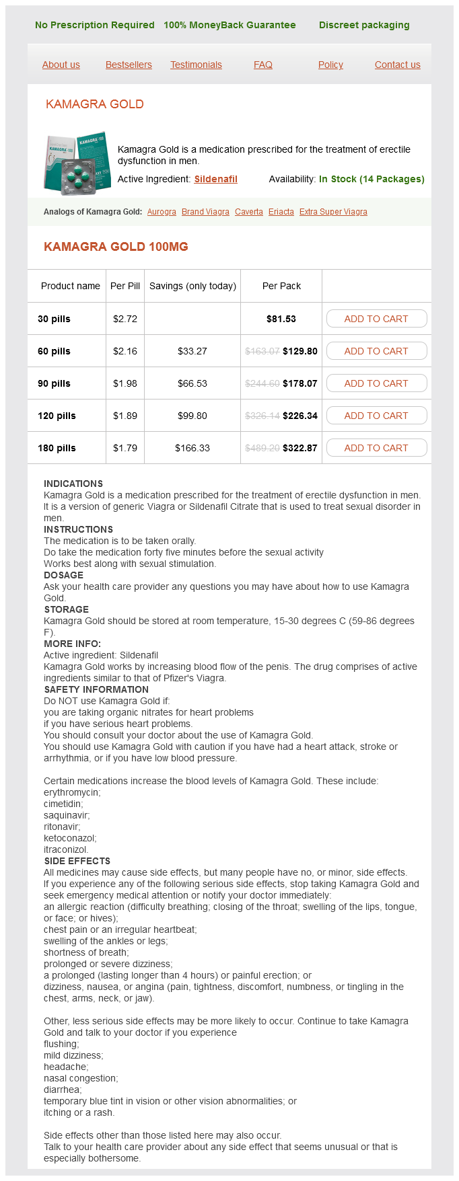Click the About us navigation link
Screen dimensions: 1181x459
coord(61,65)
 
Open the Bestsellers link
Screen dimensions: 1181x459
coord(129,65)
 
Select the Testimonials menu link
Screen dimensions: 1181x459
coord(196,65)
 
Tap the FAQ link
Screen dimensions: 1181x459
coord(263,65)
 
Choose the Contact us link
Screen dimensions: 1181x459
coord(398,65)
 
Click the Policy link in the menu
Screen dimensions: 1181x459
coord(330,65)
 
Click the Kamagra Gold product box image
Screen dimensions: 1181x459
coord(77,163)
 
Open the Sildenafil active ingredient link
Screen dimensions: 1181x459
coord(216,179)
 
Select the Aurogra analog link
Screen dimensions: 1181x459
coord(162,212)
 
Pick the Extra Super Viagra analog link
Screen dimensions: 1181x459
coord(333,212)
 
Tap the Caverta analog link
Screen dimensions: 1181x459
coord(249,212)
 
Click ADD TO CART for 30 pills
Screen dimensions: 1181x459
coord(376,319)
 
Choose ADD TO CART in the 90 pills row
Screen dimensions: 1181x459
coord(376,383)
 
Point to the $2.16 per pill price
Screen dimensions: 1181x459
coord(125,351)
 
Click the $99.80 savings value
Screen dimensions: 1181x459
coord(192,416)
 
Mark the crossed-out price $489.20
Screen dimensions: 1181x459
coord(262,448)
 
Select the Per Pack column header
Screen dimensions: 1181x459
coord(281,286)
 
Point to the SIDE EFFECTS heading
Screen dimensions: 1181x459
coord(77,861)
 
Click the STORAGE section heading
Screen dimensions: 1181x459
coord(67,609)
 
